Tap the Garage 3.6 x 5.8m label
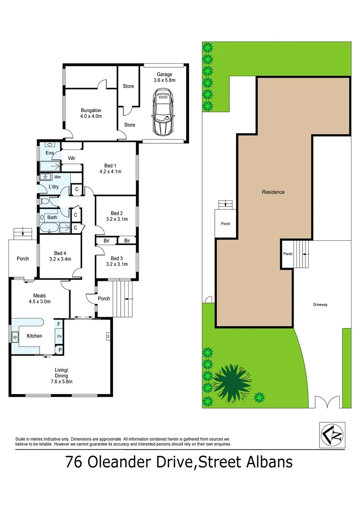pyautogui.click(x=164, y=77)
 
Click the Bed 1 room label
pyautogui.click(x=110, y=168)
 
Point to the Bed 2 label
pyautogui.click(x=116, y=215)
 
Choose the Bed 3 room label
pyautogui.click(x=116, y=261)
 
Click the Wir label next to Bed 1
pyautogui.click(x=72, y=158)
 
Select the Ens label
pyautogui.click(x=49, y=153)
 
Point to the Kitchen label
pyautogui.click(x=34, y=336)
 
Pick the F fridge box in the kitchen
pyautogui.click(x=59, y=324)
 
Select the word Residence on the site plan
pyautogui.click(x=273, y=192)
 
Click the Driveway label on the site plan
pyautogui.click(x=320, y=305)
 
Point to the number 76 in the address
pyautogui.click(x=76, y=461)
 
